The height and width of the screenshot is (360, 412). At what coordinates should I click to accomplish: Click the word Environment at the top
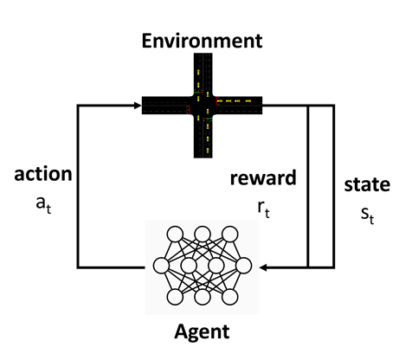point(202,41)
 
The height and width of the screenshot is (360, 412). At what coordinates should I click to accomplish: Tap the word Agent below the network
point(202,332)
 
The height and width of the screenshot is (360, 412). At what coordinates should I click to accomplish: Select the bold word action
point(43,174)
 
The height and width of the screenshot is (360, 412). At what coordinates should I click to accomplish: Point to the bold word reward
point(263,177)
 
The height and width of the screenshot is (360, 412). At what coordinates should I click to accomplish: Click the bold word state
point(367,184)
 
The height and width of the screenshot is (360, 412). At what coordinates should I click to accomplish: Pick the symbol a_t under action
point(43,205)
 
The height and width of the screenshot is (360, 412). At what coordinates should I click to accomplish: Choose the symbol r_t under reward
point(264,209)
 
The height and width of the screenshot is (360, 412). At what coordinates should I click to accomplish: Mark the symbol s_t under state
point(368,215)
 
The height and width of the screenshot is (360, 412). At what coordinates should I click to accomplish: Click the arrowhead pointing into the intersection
point(138,106)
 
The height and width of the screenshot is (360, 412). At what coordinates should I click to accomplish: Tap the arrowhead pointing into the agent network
point(263,267)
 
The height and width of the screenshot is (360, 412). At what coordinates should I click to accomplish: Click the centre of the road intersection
point(203,106)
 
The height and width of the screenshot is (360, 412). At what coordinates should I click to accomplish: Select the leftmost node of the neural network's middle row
point(161,266)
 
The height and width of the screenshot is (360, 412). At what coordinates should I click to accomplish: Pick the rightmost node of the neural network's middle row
point(244,266)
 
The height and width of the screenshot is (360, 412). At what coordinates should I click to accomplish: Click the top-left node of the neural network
point(175,234)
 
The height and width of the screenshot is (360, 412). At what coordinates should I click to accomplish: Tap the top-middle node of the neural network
point(203,234)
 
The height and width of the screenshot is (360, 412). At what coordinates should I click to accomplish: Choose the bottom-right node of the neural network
point(230,297)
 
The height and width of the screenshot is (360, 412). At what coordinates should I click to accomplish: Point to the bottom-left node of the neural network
point(175,297)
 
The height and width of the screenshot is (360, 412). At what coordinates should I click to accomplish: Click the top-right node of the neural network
point(230,234)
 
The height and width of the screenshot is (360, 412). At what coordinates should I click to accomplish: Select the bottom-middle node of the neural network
point(203,297)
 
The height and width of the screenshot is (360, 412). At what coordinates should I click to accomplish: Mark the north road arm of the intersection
point(203,74)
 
